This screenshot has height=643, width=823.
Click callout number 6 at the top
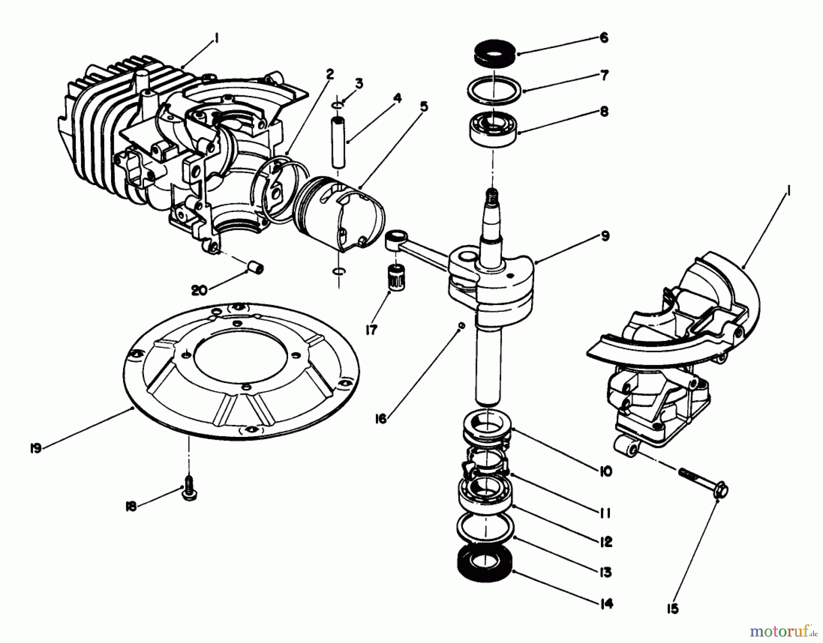pos(604,38)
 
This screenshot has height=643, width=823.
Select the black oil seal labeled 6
pos(492,52)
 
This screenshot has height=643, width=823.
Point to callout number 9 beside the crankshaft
pos(604,237)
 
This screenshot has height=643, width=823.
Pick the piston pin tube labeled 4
pos(339,142)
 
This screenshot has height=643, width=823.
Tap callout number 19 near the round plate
pos(36,448)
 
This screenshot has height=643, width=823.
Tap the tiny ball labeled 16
pos(462,325)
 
